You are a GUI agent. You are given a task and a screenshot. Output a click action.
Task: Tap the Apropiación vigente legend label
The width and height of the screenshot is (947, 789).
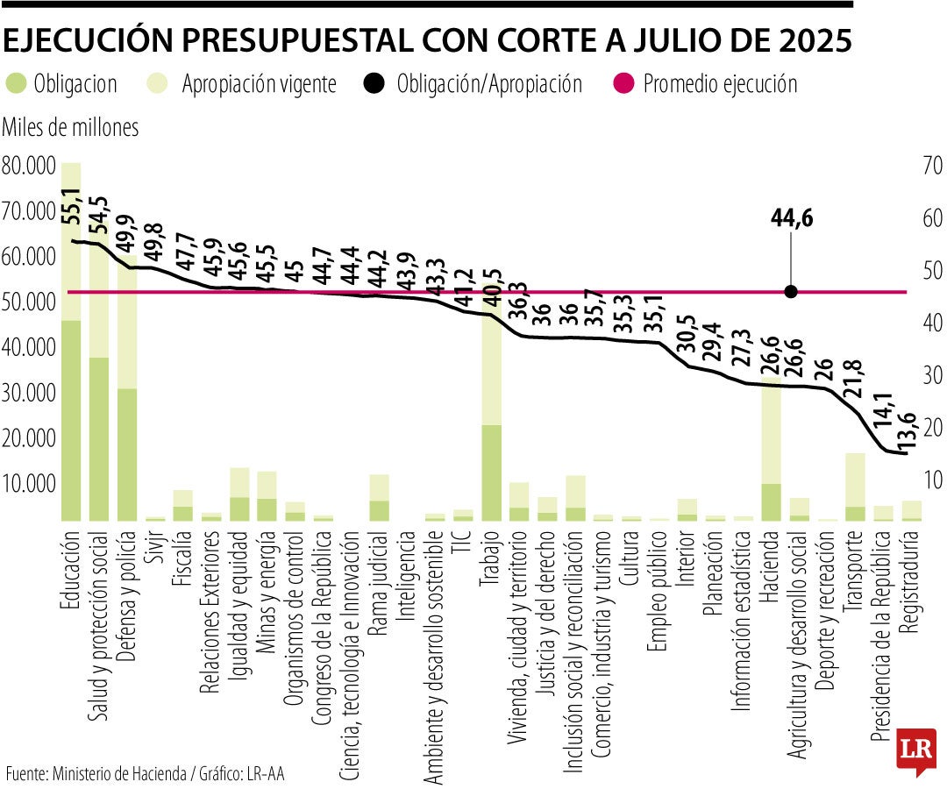(259, 84)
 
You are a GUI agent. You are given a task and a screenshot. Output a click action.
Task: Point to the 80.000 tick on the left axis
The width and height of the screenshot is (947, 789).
(29, 165)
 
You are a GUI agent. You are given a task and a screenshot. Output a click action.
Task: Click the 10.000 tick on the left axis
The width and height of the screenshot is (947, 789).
(29, 483)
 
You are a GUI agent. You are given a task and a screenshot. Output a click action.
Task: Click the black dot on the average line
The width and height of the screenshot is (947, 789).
(791, 292)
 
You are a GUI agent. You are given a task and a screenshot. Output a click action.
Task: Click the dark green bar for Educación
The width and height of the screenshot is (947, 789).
(71, 421)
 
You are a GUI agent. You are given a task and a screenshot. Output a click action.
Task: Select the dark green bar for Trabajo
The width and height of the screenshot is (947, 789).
(492, 473)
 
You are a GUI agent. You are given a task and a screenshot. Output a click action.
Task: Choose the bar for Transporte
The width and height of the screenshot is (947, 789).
(855, 487)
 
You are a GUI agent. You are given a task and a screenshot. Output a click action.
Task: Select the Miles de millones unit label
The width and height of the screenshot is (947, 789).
(71, 128)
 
